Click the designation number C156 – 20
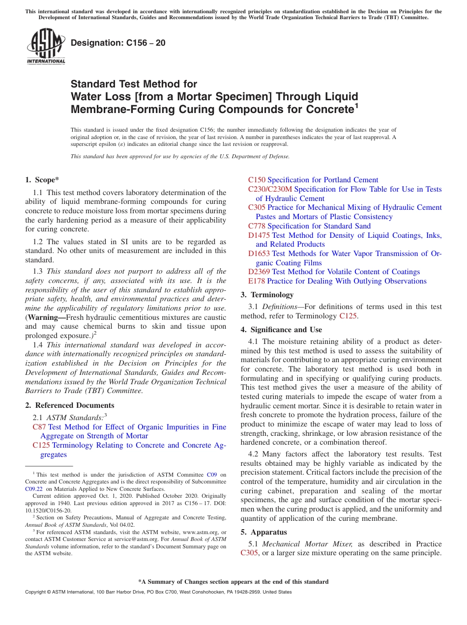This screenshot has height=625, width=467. tap(118, 43)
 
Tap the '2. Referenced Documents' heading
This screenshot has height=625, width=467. tap(69, 405)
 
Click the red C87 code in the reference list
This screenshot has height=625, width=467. tap(39, 427)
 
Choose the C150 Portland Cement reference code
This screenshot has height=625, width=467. tap(257, 180)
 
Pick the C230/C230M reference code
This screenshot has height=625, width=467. tap(270, 189)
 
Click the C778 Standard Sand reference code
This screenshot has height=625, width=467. tap(257, 226)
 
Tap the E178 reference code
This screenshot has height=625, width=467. tap(257, 281)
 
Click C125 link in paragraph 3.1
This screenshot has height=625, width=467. tap(348, 316)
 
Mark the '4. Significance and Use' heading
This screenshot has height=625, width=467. tap(281, 330)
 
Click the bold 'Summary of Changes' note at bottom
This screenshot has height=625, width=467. tap(233, 582)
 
